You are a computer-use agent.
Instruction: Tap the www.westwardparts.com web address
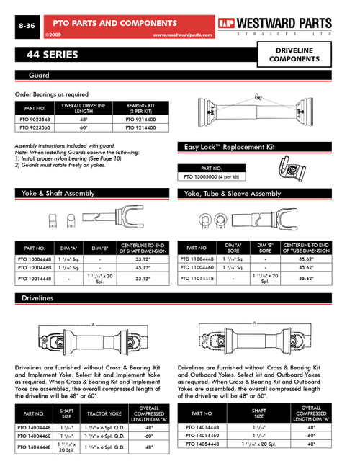click(x=184, y=34)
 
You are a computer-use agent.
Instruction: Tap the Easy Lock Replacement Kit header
click(x=230, y=146)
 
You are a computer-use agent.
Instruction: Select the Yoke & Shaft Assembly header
click(x=59, y=194)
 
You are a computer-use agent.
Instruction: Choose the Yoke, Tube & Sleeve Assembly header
click(x=233, y=194)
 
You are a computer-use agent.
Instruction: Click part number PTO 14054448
click(x=207, y=444)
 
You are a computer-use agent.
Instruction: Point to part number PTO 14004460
click(x=34, y=435)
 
